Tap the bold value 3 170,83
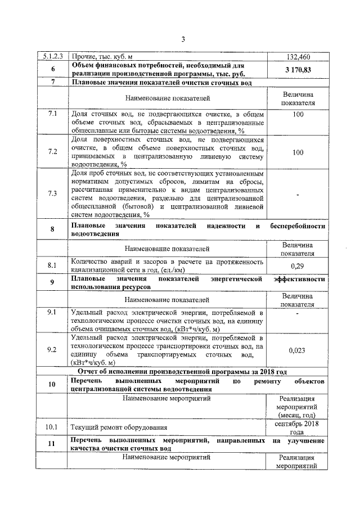tap(298, 69)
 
